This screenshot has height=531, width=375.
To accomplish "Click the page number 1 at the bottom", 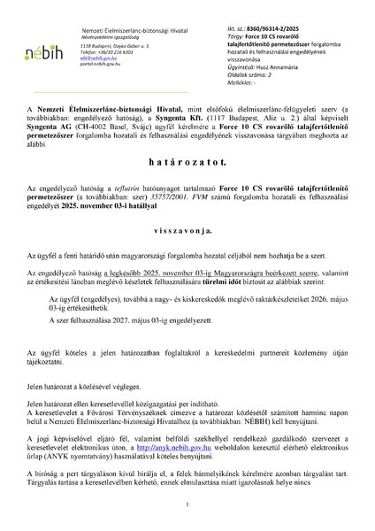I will click(187, 504).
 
